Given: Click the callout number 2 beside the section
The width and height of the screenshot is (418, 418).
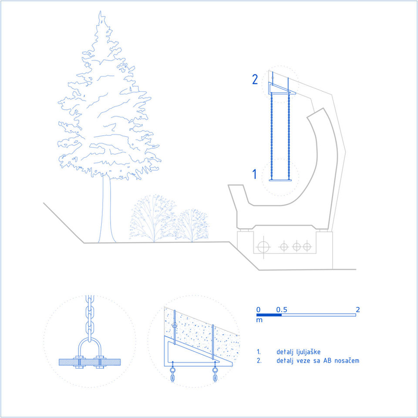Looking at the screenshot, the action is (x=255, y=79).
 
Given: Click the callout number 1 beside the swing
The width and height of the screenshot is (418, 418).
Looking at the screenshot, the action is (x=255, y=174).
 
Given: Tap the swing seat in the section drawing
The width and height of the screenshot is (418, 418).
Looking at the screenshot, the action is (x=280, y=180).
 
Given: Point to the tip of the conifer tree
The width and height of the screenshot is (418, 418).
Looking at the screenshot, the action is (x=100, y=11).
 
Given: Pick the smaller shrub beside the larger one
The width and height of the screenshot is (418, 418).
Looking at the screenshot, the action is (x=192, y=226).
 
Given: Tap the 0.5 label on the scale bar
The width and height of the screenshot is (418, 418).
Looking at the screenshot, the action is (x=282, y=310).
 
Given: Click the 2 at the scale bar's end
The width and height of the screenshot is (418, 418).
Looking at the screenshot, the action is (x=358, y=310).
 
